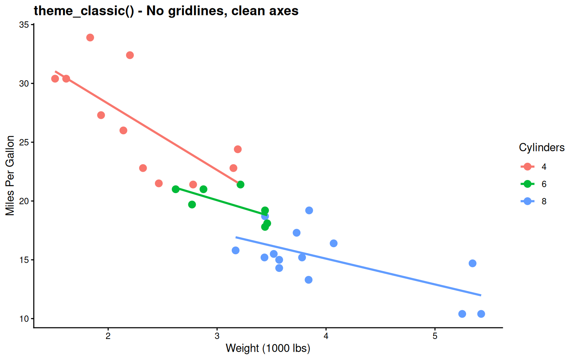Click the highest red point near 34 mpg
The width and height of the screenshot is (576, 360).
90,37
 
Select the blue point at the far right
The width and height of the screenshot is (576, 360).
481,314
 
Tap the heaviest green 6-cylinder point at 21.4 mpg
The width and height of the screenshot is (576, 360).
240,184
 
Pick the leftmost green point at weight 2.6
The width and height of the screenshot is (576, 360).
175,189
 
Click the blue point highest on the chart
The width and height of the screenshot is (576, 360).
309,210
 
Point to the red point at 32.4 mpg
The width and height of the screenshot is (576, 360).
130,55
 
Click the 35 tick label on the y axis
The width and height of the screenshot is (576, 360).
24,25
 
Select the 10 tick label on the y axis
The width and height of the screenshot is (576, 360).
24,319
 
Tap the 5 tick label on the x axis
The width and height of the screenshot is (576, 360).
435,336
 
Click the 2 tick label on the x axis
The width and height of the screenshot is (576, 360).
108,336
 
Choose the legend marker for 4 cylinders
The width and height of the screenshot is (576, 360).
528,166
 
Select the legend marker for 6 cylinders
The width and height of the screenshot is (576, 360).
528,184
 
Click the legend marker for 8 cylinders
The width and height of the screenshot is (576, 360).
528,201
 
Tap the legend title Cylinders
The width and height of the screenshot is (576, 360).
541,147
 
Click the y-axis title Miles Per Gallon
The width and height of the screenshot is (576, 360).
10,175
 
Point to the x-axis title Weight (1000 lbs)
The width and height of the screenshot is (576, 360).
268,348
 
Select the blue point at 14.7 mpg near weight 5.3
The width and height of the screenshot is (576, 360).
472,263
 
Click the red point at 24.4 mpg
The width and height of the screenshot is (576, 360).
238,149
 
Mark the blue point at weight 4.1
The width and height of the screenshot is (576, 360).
333,243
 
